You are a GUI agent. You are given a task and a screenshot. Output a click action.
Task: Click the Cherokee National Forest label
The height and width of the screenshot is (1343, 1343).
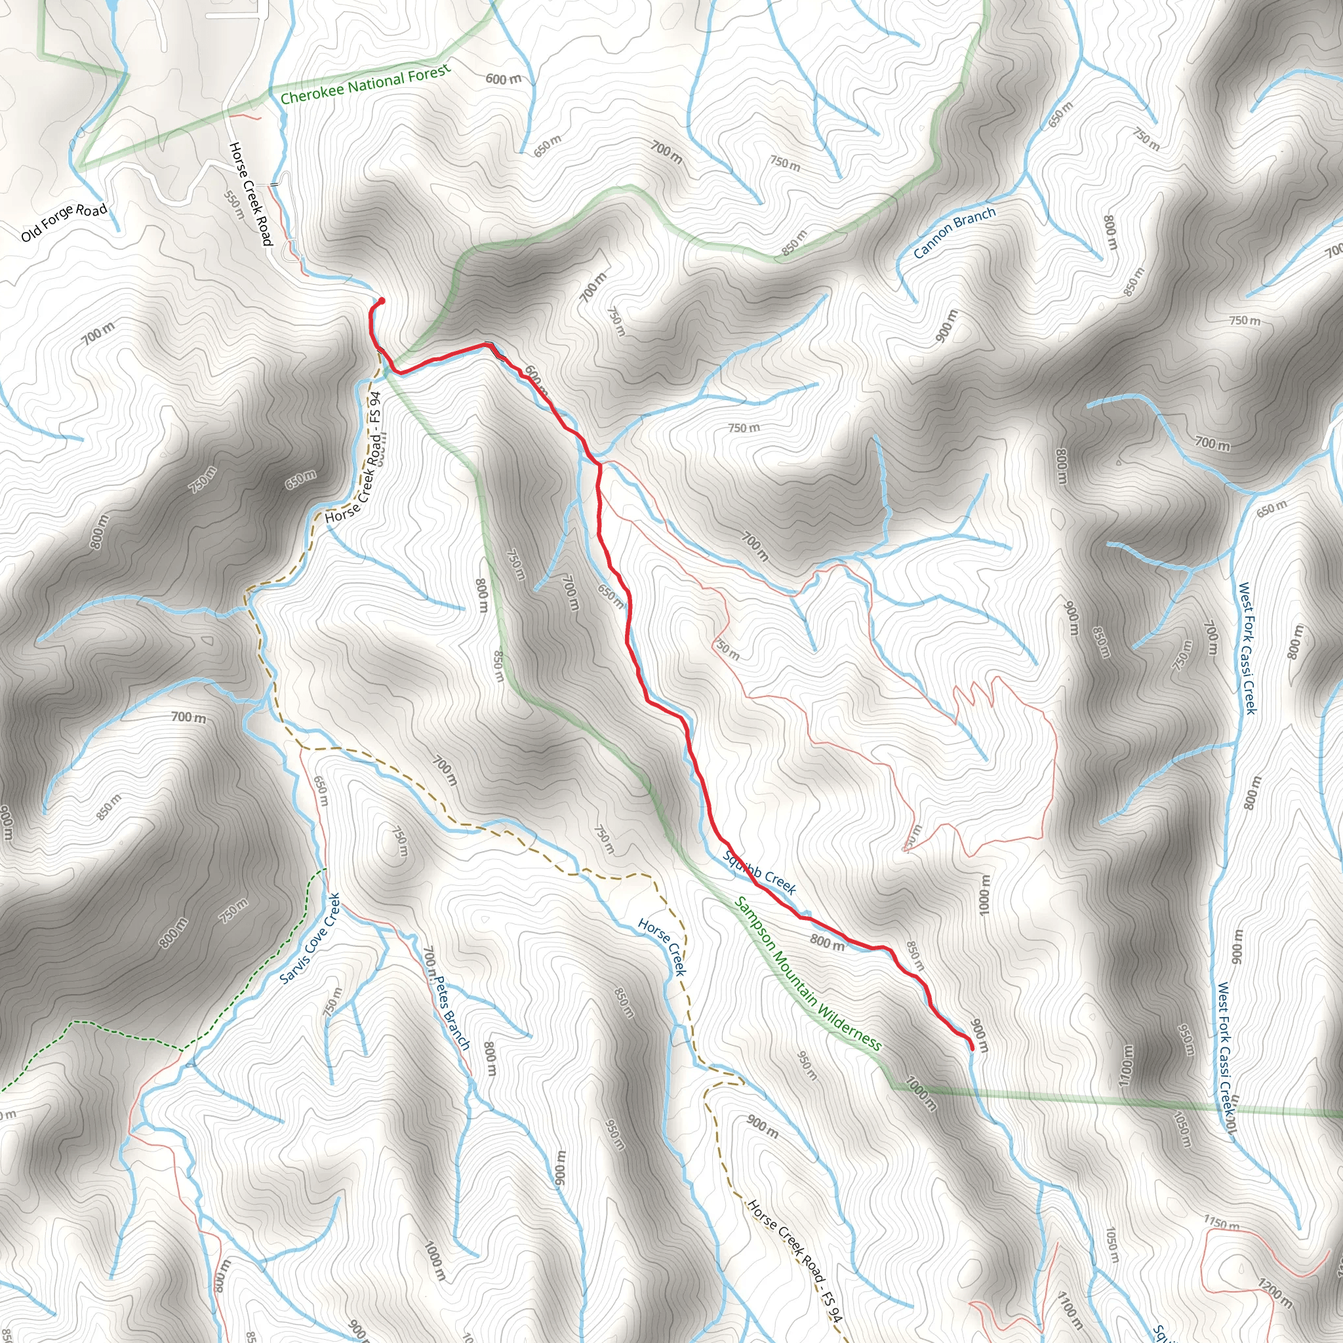366,83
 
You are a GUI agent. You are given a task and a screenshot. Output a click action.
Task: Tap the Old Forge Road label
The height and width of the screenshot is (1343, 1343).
64,222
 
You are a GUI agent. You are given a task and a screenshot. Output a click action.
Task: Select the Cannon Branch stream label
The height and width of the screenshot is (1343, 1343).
953,233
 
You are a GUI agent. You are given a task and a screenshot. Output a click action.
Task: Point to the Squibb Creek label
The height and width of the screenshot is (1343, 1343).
759,872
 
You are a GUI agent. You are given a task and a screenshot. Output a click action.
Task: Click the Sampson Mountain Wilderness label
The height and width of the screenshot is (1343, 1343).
808,974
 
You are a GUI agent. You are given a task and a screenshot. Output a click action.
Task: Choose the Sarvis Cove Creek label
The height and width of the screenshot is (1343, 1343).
310,938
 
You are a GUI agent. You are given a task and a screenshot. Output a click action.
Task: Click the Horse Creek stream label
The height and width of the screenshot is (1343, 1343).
662,947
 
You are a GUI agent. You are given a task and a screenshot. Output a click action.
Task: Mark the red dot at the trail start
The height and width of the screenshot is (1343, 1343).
382,301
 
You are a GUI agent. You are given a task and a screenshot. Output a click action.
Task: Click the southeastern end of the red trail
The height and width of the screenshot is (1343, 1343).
971,1047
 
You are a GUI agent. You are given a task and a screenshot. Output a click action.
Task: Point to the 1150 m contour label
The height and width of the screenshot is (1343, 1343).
1221,1222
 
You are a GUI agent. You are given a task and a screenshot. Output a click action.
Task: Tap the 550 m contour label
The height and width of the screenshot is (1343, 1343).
235,205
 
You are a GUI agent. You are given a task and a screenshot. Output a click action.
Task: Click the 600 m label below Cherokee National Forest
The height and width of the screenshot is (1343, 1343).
502,79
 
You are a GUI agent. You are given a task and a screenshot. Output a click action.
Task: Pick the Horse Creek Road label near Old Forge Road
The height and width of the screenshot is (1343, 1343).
251,194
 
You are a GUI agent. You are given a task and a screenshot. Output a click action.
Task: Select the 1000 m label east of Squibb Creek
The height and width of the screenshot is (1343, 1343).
984,894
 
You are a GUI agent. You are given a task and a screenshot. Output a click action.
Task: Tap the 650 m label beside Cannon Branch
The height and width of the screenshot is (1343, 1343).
1061,115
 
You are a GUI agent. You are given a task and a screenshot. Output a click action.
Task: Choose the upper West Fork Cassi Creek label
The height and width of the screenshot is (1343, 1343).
1247,648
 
